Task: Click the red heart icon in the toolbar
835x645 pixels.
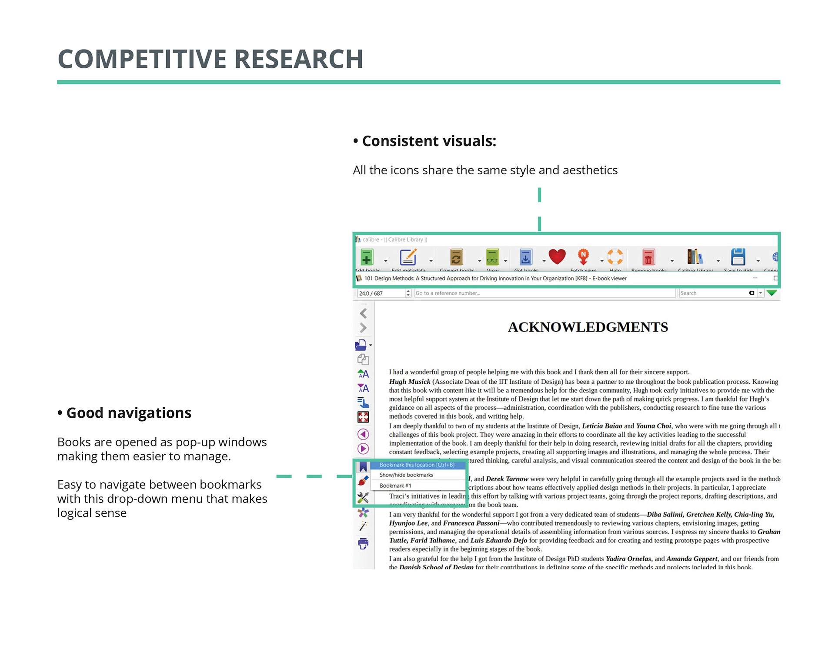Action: [557, 256]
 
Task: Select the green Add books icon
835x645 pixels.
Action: [367, 257]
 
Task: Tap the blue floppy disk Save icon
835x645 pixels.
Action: [738, 257]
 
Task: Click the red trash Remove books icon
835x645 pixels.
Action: [648, 257]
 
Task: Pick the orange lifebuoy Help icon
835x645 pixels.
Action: [615, 256]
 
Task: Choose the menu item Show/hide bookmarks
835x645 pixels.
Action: [406, 475]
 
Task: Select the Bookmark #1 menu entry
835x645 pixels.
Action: [395, 485]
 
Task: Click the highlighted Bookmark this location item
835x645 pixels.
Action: [417, 465]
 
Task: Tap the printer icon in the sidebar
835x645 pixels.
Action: [363, 543]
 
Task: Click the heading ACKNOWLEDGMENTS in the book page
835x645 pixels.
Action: [588, 327]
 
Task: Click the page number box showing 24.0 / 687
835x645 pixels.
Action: [381, 293]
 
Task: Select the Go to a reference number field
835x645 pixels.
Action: [544, 293]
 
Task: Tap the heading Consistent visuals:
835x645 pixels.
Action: [429, 141]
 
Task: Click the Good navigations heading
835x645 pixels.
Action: [129, 413]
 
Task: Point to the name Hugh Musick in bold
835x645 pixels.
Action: [410, 382]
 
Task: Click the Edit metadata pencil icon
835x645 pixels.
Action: [408, 257]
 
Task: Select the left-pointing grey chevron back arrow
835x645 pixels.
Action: [364, 313]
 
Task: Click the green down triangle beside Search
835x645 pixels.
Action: [772, 293]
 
